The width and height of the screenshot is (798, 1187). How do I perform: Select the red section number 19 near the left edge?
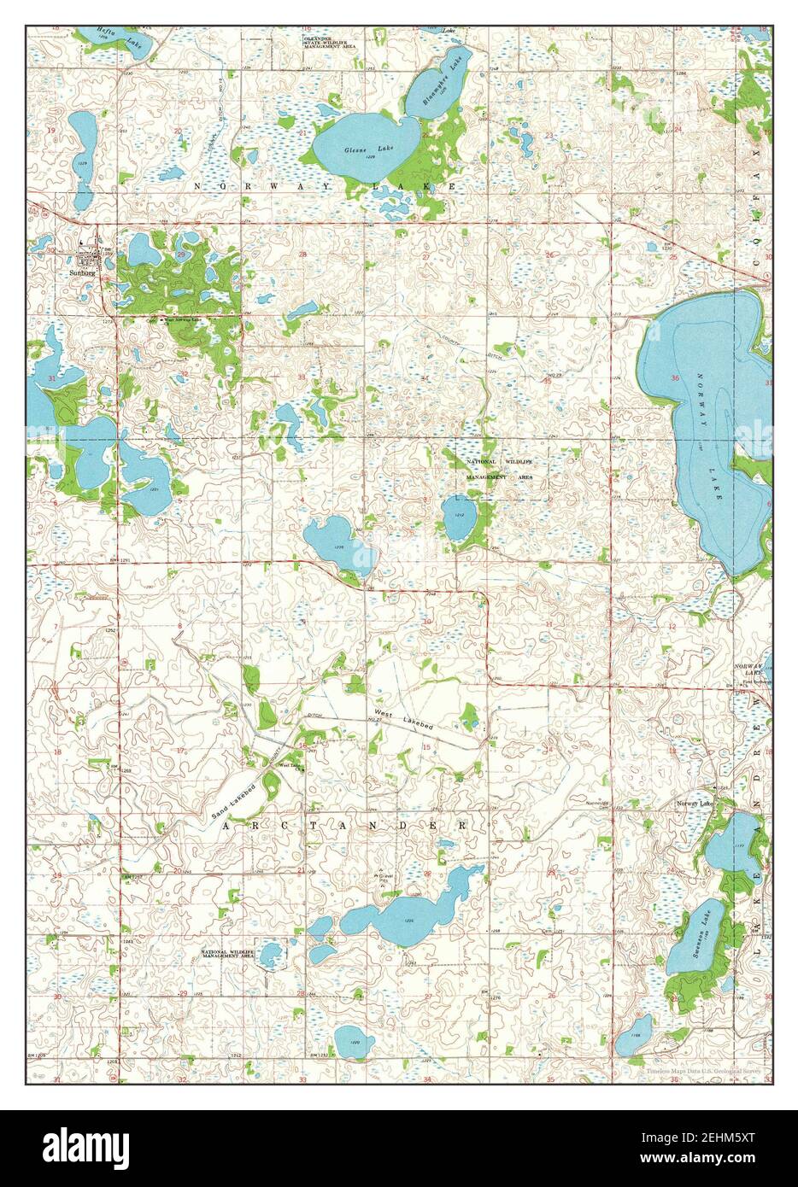point(52,130)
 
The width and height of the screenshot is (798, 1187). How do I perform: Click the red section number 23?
point(549,135)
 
